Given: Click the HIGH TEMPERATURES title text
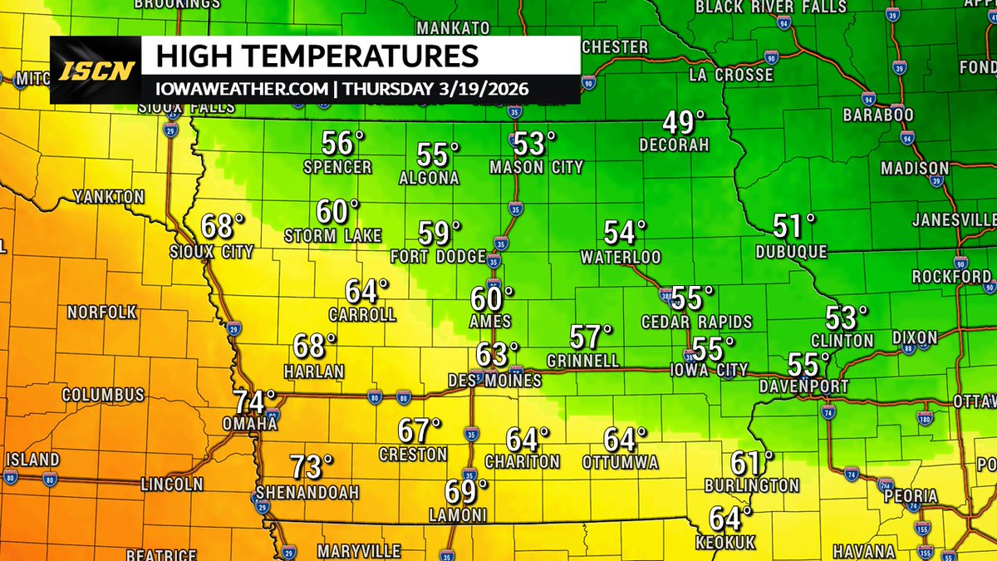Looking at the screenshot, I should point(317,57).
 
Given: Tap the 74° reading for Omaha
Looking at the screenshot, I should point(253,402).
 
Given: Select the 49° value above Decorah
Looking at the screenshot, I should point(678,123).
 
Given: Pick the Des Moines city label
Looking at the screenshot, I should point(494,380).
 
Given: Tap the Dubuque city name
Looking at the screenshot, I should point(792,250).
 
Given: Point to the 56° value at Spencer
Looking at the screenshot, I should point(343,144).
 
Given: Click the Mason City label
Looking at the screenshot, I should point(536,167).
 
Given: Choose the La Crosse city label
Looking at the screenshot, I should point(731,76).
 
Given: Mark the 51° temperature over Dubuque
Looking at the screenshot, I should point(794,225).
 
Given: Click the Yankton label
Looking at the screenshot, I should point(109,197).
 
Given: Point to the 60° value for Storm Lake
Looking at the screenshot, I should point(337,212).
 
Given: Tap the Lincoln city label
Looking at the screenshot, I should point(172,484).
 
